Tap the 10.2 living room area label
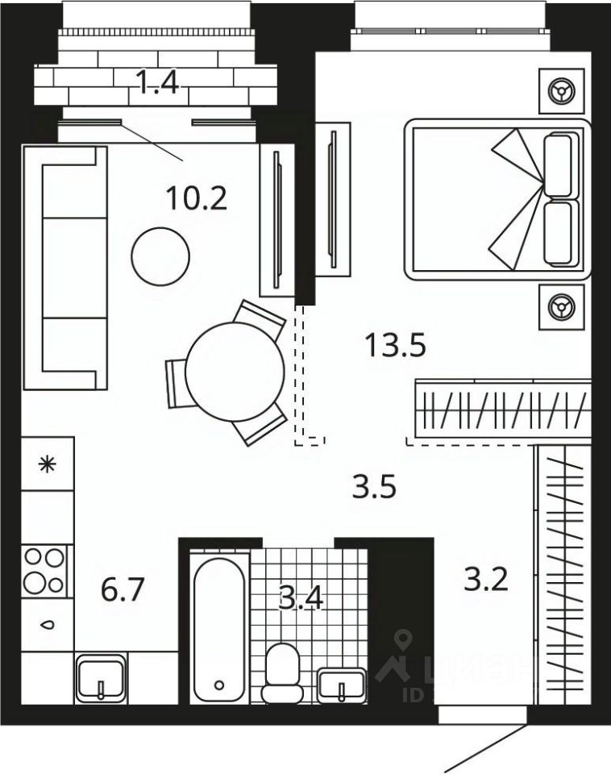point(196,197)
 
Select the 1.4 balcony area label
point(157,83)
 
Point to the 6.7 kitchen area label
point(123,591)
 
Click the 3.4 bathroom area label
point(300,600)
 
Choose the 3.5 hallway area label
point(375,487)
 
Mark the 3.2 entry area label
point(486,578)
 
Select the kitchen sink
point(101,678)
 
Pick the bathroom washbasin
point(342,685)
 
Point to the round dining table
point(235,372)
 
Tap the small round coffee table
point(160,256)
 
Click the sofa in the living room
point(64,267)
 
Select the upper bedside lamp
point(559,89)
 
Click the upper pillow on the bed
point(562,164)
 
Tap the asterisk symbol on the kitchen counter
point(48,464)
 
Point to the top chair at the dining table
point(260,317)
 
